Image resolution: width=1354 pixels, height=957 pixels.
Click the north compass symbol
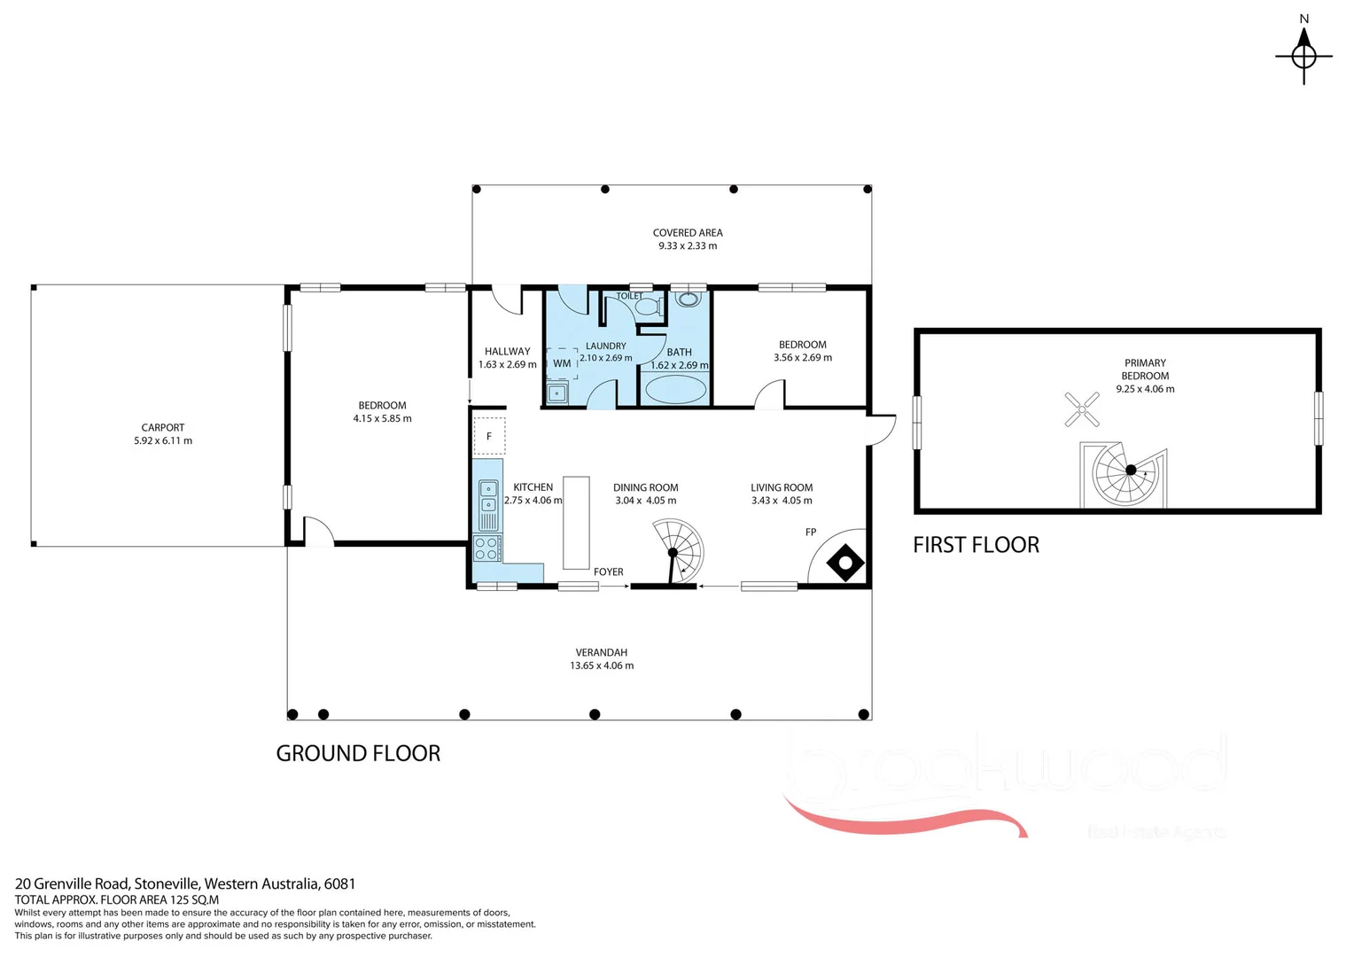(1303, 55)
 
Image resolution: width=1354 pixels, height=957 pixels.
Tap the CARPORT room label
(163, 427)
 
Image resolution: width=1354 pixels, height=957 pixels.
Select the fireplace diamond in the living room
(844, 563)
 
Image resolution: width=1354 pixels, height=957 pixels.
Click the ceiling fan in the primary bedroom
(1081, 409)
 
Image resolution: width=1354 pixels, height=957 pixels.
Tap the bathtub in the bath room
(675, 389)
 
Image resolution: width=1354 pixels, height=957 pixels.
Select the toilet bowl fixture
(649, 307)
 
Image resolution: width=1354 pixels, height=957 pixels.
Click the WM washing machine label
(562, 363)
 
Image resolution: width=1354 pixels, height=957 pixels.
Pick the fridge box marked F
(489, 436)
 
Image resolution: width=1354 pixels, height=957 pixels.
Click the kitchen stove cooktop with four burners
(486, 548)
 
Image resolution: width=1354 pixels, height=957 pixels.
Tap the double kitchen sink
(488, 496)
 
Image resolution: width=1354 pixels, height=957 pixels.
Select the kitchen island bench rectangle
(576, 523)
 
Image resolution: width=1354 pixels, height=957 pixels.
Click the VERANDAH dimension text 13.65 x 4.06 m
(602, 665)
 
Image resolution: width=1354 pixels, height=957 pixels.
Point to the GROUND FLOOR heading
(358, 753)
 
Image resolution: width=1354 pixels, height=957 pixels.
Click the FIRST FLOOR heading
(976, 545)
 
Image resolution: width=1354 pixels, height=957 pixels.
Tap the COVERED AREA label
(688, 233)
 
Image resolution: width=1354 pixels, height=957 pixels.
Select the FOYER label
(609, 572)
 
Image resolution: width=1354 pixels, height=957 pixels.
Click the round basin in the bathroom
(688, 300)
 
